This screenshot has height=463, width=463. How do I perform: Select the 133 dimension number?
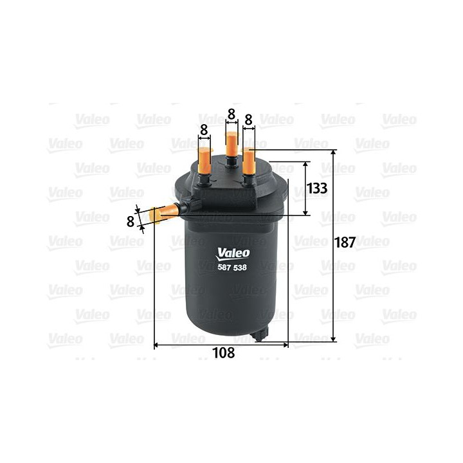click(x=318, y=188)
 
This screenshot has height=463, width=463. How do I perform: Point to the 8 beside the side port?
click(x=131, y=221)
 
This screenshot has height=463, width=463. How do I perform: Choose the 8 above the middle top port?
click(x=231, y=115)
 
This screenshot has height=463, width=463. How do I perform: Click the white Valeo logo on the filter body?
click(x=232, y=253)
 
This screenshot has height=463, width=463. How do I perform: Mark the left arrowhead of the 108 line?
click(x=157, y=345)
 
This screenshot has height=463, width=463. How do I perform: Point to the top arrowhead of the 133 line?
click(x=304, y=163)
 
